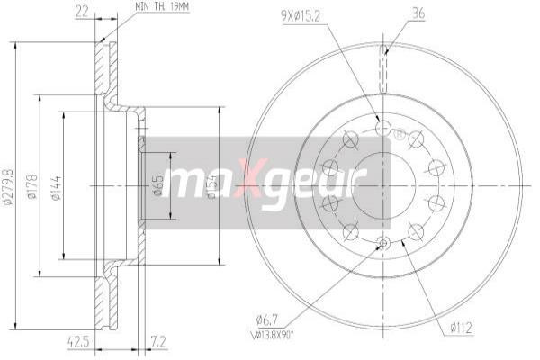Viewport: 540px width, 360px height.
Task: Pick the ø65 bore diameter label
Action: click(158, 186)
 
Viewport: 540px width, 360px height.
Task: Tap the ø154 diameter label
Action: click(212, 186)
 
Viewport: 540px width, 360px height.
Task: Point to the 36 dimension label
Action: click(392, 14)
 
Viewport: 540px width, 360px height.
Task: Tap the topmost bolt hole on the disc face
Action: click(383, 130)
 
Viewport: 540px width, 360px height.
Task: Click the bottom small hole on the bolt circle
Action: click(383, 241)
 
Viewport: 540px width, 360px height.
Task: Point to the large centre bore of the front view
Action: click(383, 185)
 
